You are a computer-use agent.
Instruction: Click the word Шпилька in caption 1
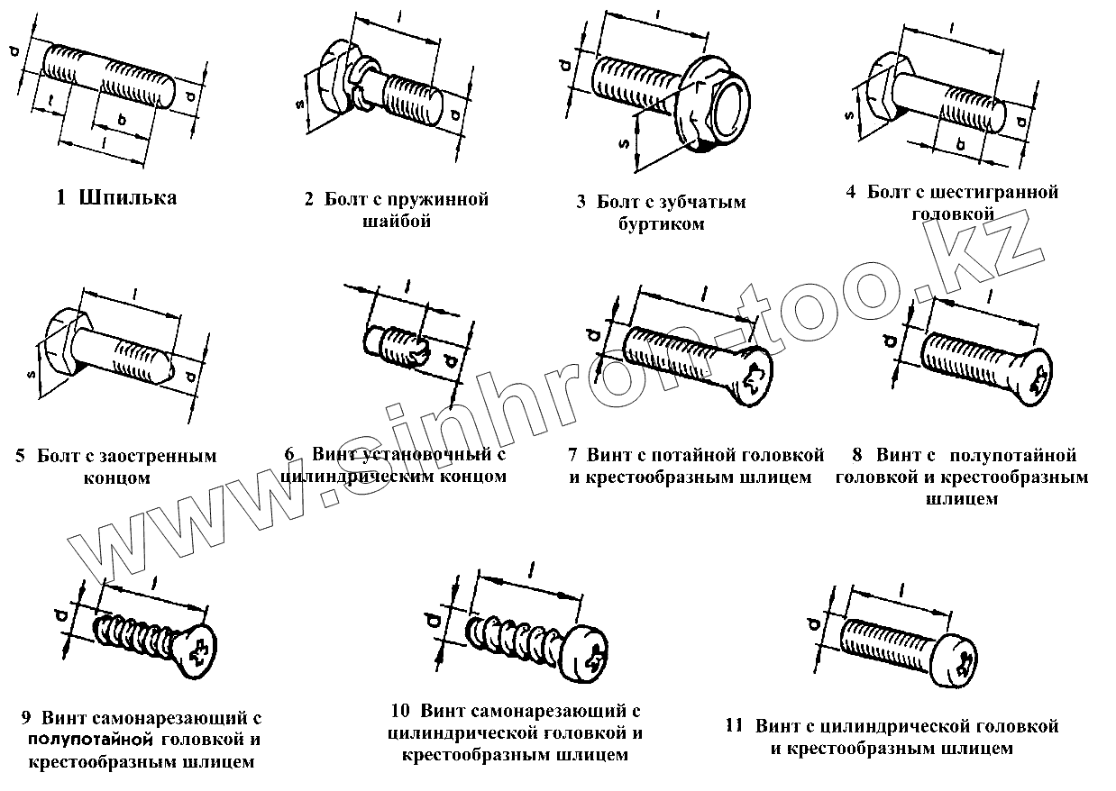click(127, 198)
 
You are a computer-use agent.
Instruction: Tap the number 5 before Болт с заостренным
click(20, 457)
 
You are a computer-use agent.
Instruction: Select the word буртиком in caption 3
click(661, 223)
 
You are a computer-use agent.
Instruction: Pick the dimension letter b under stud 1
click(120, 121)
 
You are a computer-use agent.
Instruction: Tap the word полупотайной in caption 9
click(87, 741)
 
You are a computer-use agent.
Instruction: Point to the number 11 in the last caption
click(734, 726)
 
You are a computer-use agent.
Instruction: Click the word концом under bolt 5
click(116, 478)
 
